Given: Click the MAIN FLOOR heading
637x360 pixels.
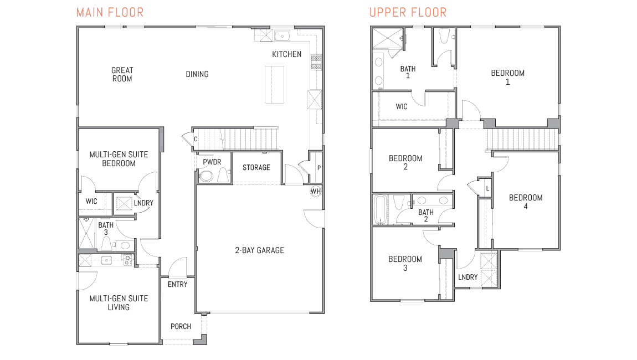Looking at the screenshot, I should tap(110, 12).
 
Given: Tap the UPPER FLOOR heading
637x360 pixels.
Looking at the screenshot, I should tap(408, 12).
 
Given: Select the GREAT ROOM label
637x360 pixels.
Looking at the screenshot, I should tap(122, 74).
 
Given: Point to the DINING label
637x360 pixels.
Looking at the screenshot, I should tap(197, 74).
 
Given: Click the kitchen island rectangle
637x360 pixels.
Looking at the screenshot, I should tap(275, 84).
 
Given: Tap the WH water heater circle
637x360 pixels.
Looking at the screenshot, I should tap(316, 191).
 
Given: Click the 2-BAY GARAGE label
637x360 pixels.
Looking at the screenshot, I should tap(259, 250).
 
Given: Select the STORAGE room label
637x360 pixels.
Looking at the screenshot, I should tap(256, 167).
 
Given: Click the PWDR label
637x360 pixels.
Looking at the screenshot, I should tap(212, 162).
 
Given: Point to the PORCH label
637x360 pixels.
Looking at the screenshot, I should tap(181, 326).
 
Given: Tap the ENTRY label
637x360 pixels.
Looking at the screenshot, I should tap(178, 284).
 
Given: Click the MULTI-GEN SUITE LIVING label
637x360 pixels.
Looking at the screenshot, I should tap(119, 302).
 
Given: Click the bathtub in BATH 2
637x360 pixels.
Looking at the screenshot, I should tap(380, 209).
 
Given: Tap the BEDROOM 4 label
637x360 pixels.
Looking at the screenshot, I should tap(526, 202).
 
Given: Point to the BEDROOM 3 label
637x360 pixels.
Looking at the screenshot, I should tap(405, 263).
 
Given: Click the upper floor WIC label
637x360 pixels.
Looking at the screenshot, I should tap(402, 106).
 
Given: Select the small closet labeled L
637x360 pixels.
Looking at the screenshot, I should tap(487, 188).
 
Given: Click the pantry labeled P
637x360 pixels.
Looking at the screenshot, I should tap(318, 168).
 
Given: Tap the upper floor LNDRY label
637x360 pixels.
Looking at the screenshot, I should tap(468, 277).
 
